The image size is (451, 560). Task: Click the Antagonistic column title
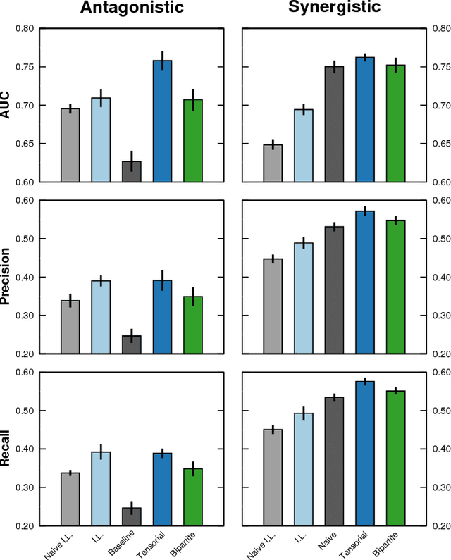point(132,8)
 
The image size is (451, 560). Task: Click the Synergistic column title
point(335,8)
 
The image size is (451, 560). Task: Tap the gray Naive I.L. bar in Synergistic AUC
point(273,163)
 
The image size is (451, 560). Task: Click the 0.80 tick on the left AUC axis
point(25,29)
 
